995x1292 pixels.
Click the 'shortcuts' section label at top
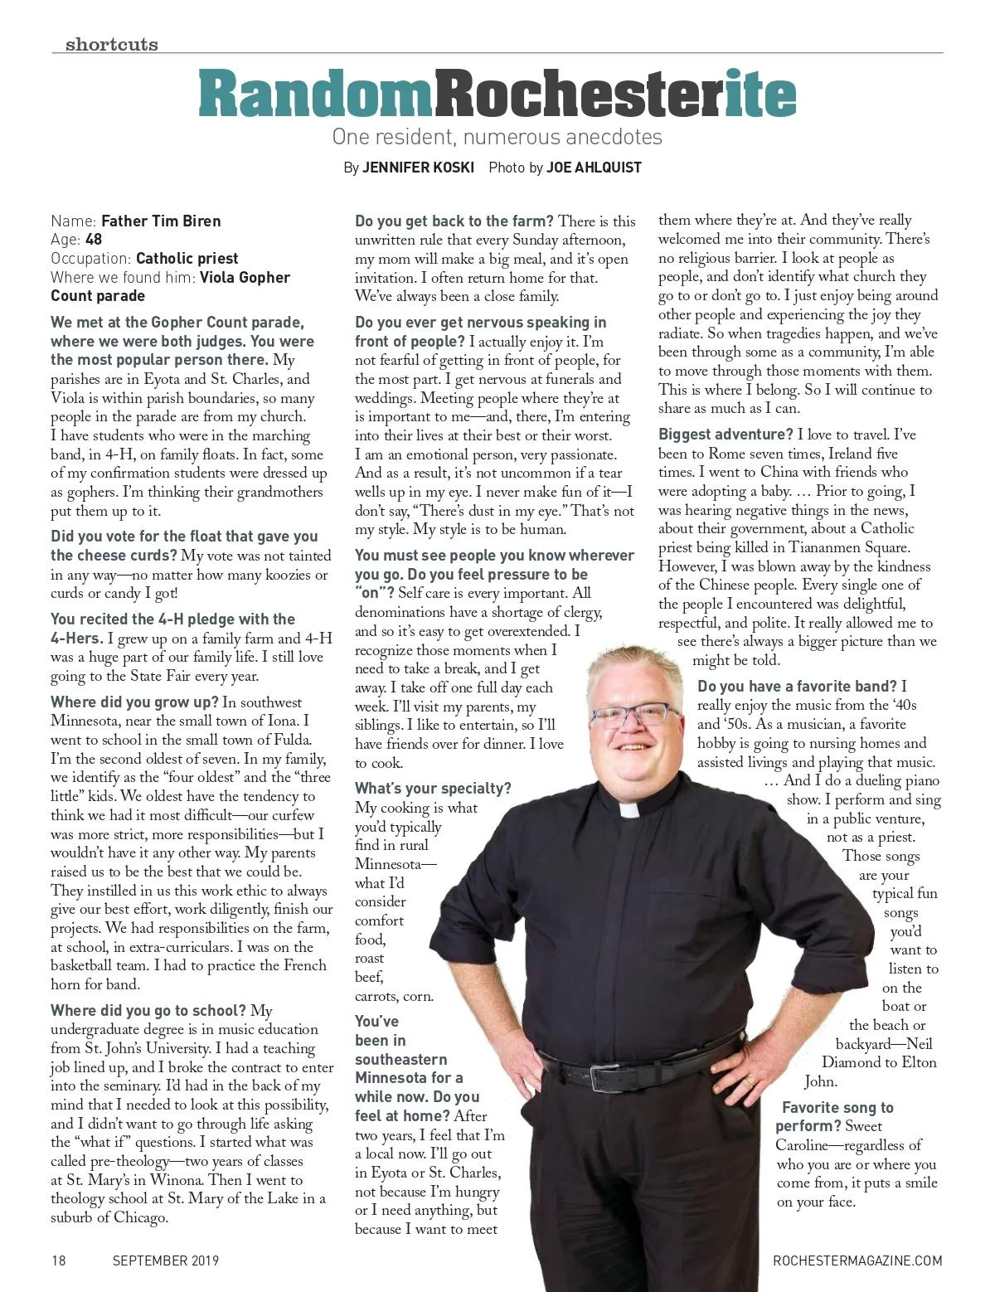tap(111, 44)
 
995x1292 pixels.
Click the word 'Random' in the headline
tap(315, 95)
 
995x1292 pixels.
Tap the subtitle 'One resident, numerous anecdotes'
tap(497, 136)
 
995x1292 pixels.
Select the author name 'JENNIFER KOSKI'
tap(418, 168)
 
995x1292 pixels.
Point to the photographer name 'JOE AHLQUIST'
tap(594, 168)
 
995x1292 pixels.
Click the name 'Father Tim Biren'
tap(161, 221)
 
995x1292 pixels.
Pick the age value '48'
tap(94, 240)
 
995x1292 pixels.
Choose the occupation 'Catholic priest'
tap(187, 259)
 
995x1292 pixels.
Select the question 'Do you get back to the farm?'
tap(454, 221)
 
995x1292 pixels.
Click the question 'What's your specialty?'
tap(433, 788)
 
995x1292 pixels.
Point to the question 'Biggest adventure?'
tap(726, 435)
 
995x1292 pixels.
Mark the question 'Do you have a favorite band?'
tap(797, 686)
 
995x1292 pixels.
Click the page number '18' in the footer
tap(58, 1260)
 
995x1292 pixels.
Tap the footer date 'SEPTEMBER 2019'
tap(166, 1260)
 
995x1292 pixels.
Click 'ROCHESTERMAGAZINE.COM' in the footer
tap(857, 1260)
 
